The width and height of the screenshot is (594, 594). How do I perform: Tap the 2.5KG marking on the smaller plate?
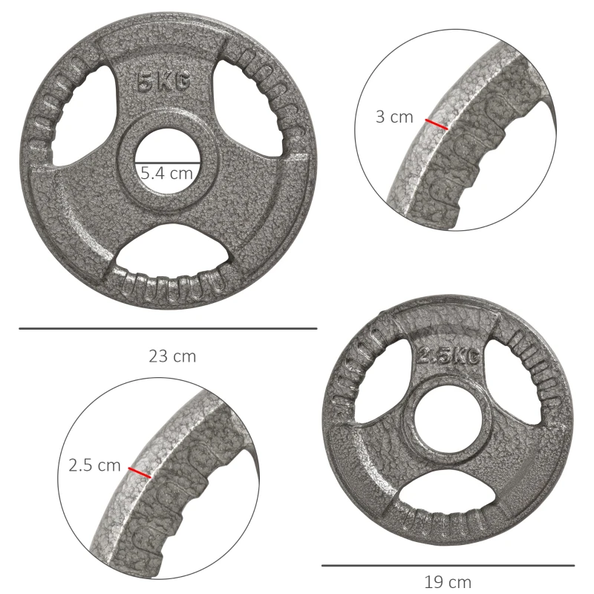446,356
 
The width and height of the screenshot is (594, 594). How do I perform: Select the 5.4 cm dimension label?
167,174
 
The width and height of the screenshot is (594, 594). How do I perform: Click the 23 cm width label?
172,356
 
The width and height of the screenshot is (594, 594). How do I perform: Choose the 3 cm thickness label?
394,117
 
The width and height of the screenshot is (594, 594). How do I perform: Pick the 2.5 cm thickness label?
94,466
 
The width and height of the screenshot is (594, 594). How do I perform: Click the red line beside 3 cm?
437,124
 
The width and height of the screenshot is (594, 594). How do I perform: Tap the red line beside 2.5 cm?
139,472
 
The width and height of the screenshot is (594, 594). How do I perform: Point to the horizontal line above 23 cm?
168,328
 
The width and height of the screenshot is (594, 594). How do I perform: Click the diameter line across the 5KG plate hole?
168,162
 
